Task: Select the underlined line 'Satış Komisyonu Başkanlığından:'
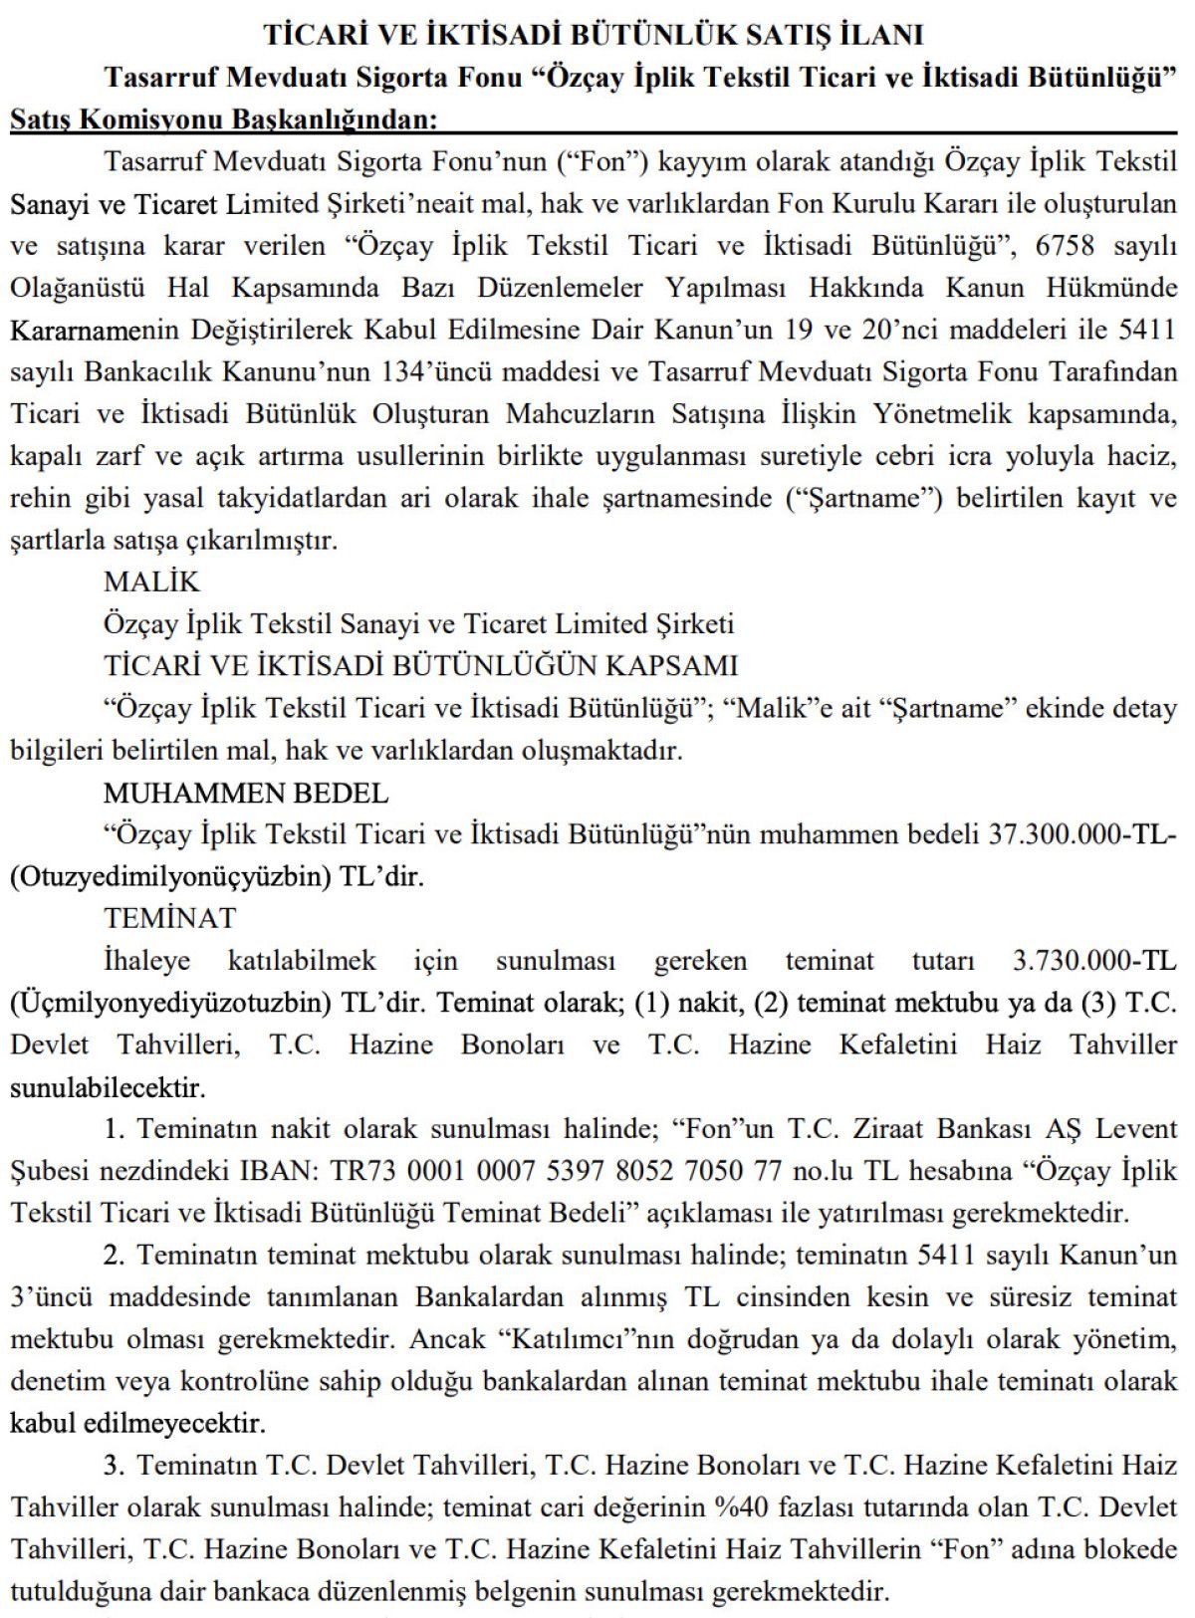pos(223,120)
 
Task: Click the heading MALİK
pos(151,581)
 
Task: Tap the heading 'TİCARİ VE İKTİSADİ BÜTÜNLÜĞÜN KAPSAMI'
pos(420,665)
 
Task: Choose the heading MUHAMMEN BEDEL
pos(245,793)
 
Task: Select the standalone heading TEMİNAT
pos(170,918)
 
